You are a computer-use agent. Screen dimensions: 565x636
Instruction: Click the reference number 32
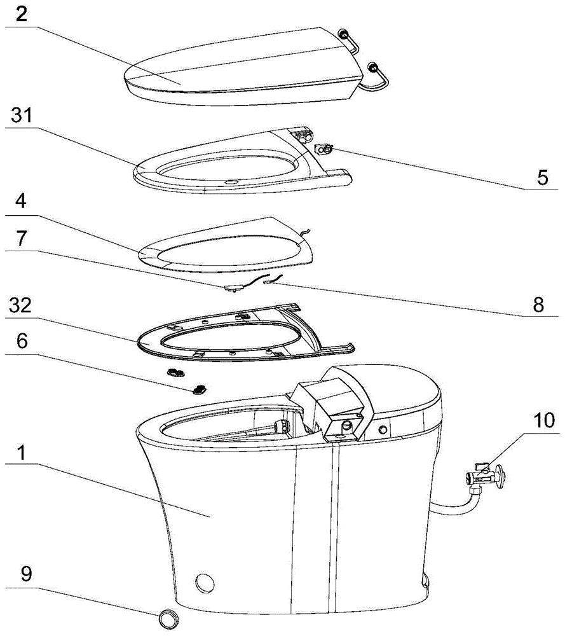(x=21, y=305)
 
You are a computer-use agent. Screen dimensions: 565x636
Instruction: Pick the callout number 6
(x=22, y=341)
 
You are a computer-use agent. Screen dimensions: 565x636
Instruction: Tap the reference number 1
(x=21, y=453)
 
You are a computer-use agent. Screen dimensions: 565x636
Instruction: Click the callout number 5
(x=542, y=177)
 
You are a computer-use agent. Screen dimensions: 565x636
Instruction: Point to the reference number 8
(x=538, y=304)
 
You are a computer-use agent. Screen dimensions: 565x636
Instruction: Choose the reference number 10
(x=543, y=420)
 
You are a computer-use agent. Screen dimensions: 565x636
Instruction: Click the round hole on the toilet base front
(x=205, y=583)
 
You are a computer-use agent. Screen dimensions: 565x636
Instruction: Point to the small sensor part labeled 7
(x=233, y=287)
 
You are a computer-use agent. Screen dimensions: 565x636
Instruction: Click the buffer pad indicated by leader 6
(x=199, y=389)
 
